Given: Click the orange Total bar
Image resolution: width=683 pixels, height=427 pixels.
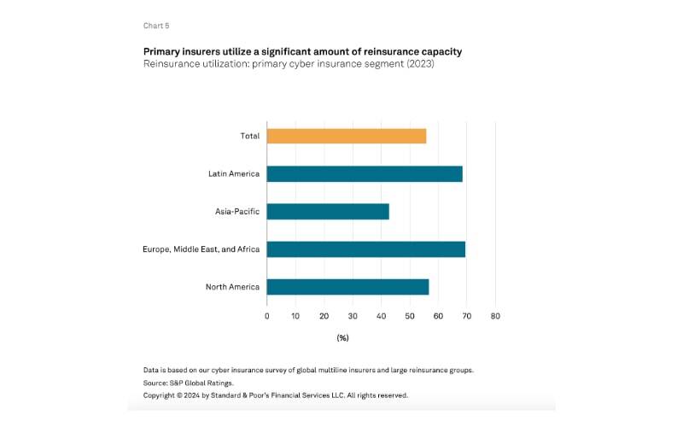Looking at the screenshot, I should tap(346, 136).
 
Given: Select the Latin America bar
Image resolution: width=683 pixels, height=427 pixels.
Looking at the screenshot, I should tap(365, 173).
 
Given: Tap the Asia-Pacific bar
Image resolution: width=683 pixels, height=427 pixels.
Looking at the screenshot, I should tap(328, 212).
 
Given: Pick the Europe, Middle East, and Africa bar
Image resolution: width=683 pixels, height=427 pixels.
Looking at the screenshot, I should tap(365, 249).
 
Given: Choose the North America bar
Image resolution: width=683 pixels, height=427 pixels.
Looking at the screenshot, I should tap(347, 287).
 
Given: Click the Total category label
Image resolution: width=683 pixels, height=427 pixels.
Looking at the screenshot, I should tap(249, 136).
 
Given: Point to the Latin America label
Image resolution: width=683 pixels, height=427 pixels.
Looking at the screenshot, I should tap(233, 173).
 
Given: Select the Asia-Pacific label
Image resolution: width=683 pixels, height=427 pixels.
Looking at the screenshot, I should tap(237, 212).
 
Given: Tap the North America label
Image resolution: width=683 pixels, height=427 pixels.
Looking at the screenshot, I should tap(232, 287).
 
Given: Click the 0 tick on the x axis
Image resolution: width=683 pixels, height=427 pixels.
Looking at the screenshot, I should tap(267, 316).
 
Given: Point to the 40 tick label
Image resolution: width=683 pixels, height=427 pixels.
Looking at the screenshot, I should tap(381, 316).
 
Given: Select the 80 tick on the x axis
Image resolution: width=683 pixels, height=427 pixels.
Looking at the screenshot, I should tap(495, 316).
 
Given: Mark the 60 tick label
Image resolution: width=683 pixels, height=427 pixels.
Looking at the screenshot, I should tap(438, 316).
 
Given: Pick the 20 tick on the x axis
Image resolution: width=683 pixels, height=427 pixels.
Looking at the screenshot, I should tap(324, 316).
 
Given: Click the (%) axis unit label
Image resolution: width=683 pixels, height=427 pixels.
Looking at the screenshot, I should tap(342, 338).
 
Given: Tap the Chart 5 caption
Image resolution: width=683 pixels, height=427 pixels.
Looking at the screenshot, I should tap(156, 26).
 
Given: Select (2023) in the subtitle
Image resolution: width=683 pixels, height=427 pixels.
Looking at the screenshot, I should tap(419, 64).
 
